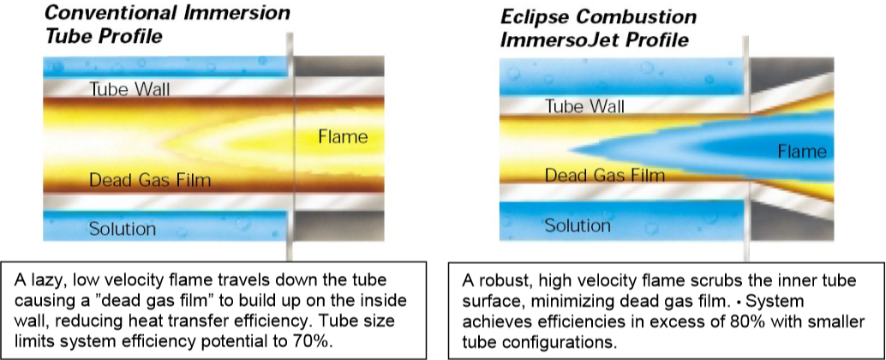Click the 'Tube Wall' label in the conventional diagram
coord(129,89)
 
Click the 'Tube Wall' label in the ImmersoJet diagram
coord(584,105)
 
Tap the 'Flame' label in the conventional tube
coord(343,137)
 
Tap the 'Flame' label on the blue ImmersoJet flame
coord(802,152)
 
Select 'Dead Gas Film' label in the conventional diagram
coord(150,180)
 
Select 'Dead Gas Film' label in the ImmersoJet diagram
coord(605,175)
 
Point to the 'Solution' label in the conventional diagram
coord(122,229)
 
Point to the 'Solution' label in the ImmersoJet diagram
coord(578,226)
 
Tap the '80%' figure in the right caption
coord(745,322)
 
